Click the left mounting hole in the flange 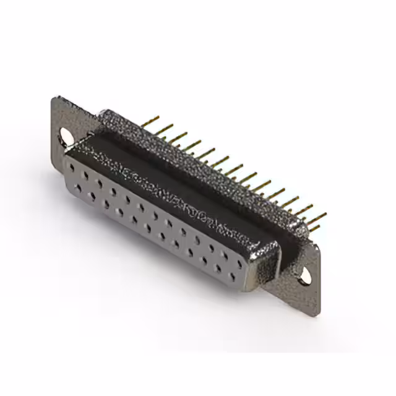pyautogui.click(x=64, y=133)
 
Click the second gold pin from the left pyautogui.click(x=164, y=127)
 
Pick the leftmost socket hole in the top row pyautogui.click(x=74, y=166)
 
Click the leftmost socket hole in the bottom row pyautogui.click(x=79, y=186)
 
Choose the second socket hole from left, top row pyautogui.click(x=87, y=173)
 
